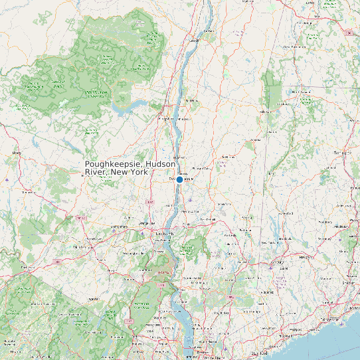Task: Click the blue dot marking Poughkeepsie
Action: (x=179, y=179)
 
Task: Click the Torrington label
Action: (x=343, y=153)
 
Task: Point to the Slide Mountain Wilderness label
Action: (x=96, y=94)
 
